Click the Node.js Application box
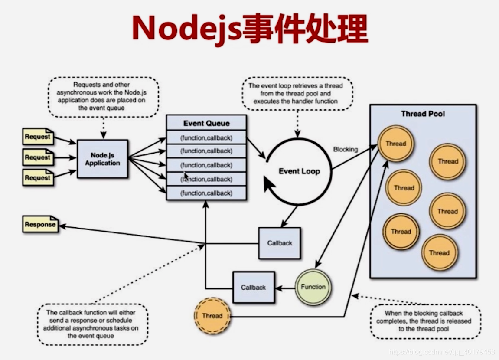(102, 159)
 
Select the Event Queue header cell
(206, 123)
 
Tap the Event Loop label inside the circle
(299, 171)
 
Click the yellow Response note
(40, 225)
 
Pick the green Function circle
(313, 287)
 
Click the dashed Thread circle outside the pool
(212, 316)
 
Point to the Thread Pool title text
(423, 114)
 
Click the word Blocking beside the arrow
(346, 149)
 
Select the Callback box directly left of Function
(253, 288)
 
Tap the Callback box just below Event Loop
(280, 243)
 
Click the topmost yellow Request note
(38, 137)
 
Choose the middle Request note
(38, 157)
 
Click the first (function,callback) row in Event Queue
(206, 137)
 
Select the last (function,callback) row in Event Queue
(206, 193)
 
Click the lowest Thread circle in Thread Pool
(439, 253)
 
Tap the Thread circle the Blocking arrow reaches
(395, 144)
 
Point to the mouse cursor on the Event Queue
(186, 177)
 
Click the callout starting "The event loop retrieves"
(296, 94)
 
